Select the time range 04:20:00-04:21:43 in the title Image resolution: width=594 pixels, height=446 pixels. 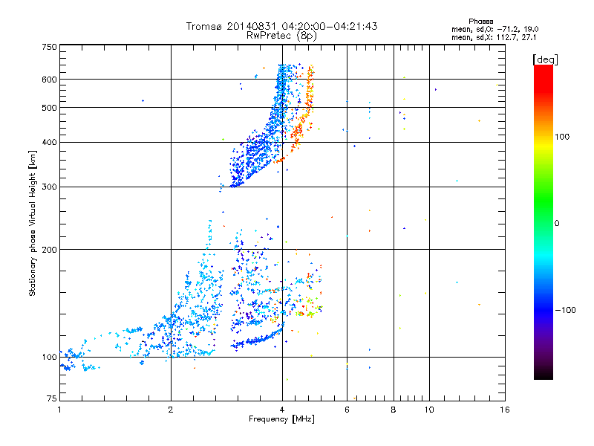[x=326, y=26]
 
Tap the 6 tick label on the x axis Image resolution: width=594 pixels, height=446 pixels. [x=347, y=410]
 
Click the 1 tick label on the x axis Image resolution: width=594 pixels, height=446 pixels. [x=59, y=410]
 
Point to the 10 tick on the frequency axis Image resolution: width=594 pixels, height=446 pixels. [x=428, y=410]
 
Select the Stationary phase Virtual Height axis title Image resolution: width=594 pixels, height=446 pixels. [x=33, y=223]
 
